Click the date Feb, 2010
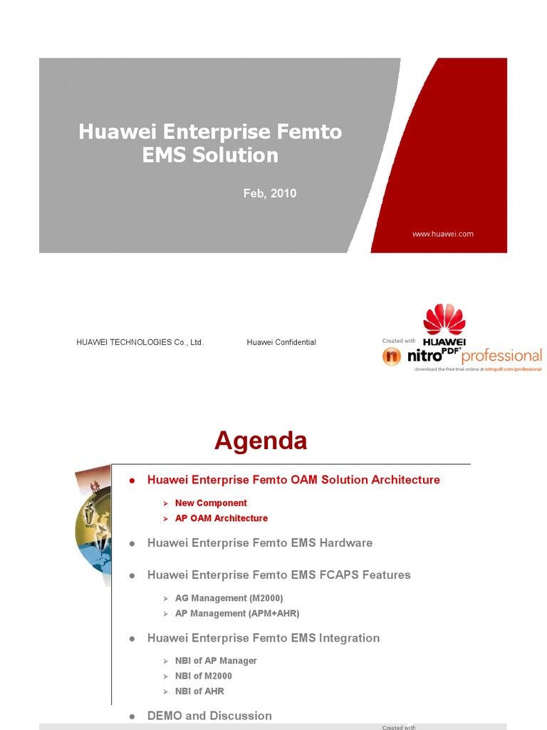pyautogui.click(x=270, y=193)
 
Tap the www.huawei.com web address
pyautogui.click(x=443, y=234)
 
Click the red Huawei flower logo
pyautogui.click(x=444, y=320)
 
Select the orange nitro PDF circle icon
pyautogui.click(x=392, y=356)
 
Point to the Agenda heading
pyautogui.click(x=261, y=441)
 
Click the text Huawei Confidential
pyautogui.click(x=281, y=342)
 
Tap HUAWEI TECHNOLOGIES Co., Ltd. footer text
pyautogui.click(x=140, y=342)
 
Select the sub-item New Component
pyautogui.click(x=211, y=503)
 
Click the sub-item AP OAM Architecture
pyautogui.click(x=222, y=518)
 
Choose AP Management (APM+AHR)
pyautogui.click(x=237, y=613)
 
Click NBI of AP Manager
pyautogui.click(x=216, y=661)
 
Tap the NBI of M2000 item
pyautogui.click(x=204, y=676)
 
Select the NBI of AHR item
pyautogui.click(x=199, y=691)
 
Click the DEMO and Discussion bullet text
pyautogui.click(x=209, y=715)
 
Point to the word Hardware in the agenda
pyautogui.click(x=345, y=543)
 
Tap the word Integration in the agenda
pyautogui.click(x=349, y=638)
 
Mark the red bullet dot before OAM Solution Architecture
pyautogui.click(x=132, y=480)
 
